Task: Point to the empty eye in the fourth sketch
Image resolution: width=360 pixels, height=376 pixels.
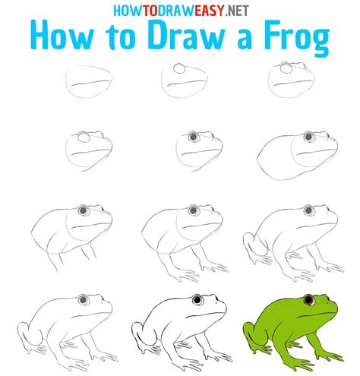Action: [x=84, y=138]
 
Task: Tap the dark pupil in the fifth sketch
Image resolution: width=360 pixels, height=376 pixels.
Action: [x=192, y=137]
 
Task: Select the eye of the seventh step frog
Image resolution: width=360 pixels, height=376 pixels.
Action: [x=83, y=210]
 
